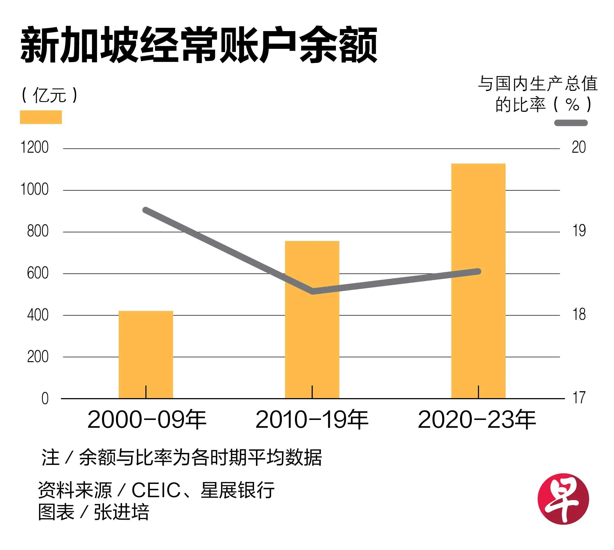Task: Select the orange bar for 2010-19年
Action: pyautogui.click(x=312, y=332)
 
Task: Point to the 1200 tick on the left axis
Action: pyautogui.click(x=34, y=148)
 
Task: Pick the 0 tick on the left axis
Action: pyautogui.click(x=45, y=399)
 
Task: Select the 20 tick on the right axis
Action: pyautogui.click(x=579, y=148)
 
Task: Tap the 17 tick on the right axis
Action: pyautogui.click(x=579, y=398)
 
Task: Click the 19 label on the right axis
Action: pyautogui.click(x=579, y=231)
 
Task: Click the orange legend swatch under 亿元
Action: pyautogui.click(x=41, y=117)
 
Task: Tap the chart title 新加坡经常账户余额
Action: pyautogui.click(x=199, y=45)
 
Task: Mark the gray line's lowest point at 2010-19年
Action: pyautogui.click(x=312, y=291)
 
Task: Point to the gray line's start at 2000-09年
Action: pyautogui.click(x=145, y=210)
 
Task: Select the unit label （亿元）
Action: pyautogui.click(x=49, y=95)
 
